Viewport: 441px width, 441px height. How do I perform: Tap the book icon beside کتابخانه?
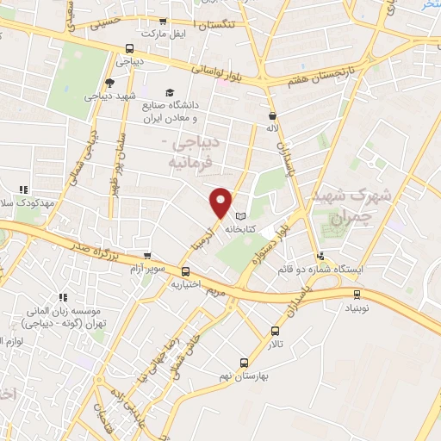239,215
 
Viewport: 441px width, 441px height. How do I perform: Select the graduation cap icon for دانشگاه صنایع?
170,91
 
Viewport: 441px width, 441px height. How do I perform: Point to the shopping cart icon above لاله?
273,115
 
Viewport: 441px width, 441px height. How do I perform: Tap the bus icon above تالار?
275,330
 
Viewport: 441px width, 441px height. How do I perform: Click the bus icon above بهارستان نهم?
244,363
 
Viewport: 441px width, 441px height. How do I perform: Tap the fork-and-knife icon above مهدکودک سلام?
24,189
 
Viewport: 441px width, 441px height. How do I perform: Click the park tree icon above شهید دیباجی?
109,83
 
